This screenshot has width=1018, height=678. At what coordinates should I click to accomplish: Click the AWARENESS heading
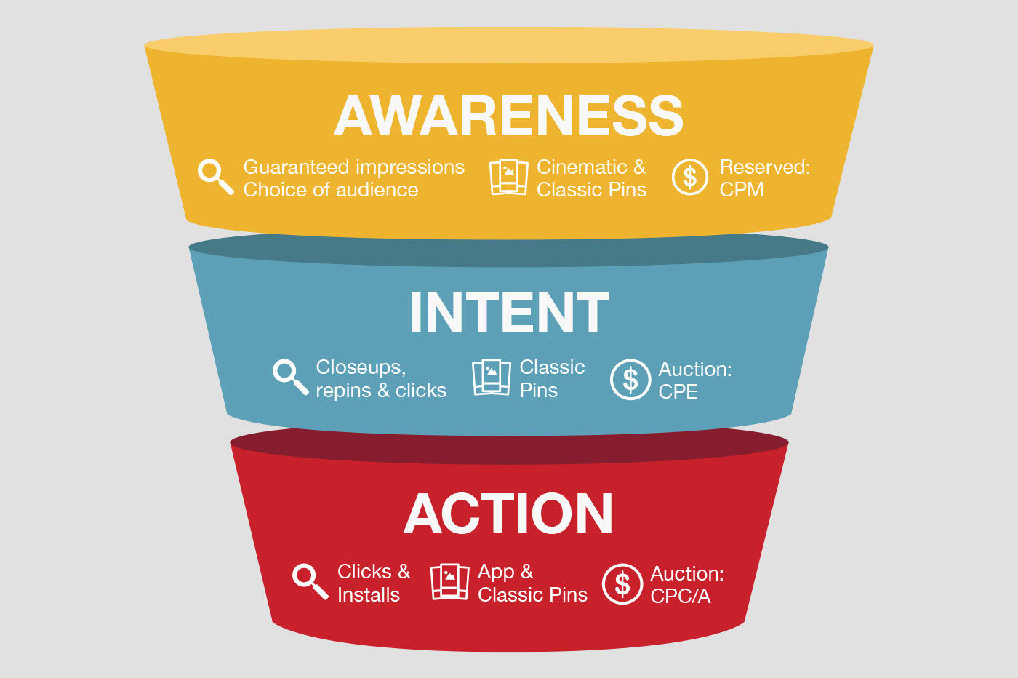509,116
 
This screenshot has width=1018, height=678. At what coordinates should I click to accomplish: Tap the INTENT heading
509,314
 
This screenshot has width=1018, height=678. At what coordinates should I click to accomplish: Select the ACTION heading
509,514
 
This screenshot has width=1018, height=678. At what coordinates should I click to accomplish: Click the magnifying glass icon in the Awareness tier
215,177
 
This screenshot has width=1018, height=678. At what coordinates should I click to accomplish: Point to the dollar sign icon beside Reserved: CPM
689,177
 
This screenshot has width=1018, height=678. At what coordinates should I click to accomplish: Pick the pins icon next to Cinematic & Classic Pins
508,177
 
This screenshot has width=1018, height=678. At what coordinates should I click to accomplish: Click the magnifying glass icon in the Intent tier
290,377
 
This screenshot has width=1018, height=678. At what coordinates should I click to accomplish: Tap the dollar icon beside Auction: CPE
630,379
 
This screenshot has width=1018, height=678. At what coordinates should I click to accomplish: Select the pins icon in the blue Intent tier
491,377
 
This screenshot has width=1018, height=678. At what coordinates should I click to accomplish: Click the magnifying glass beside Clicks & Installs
310,581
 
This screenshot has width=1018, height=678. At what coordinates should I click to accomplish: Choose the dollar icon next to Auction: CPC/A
622,583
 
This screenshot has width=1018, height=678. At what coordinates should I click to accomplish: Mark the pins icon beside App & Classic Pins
449,581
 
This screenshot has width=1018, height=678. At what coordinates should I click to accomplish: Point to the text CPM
741,190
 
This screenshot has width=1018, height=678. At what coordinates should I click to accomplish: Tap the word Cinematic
582,167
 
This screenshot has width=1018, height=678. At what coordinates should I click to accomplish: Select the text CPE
678,392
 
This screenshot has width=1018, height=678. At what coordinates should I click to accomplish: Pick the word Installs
368,595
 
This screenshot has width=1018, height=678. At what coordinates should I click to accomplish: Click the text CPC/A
680,597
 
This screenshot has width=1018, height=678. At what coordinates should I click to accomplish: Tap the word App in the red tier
495,573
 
